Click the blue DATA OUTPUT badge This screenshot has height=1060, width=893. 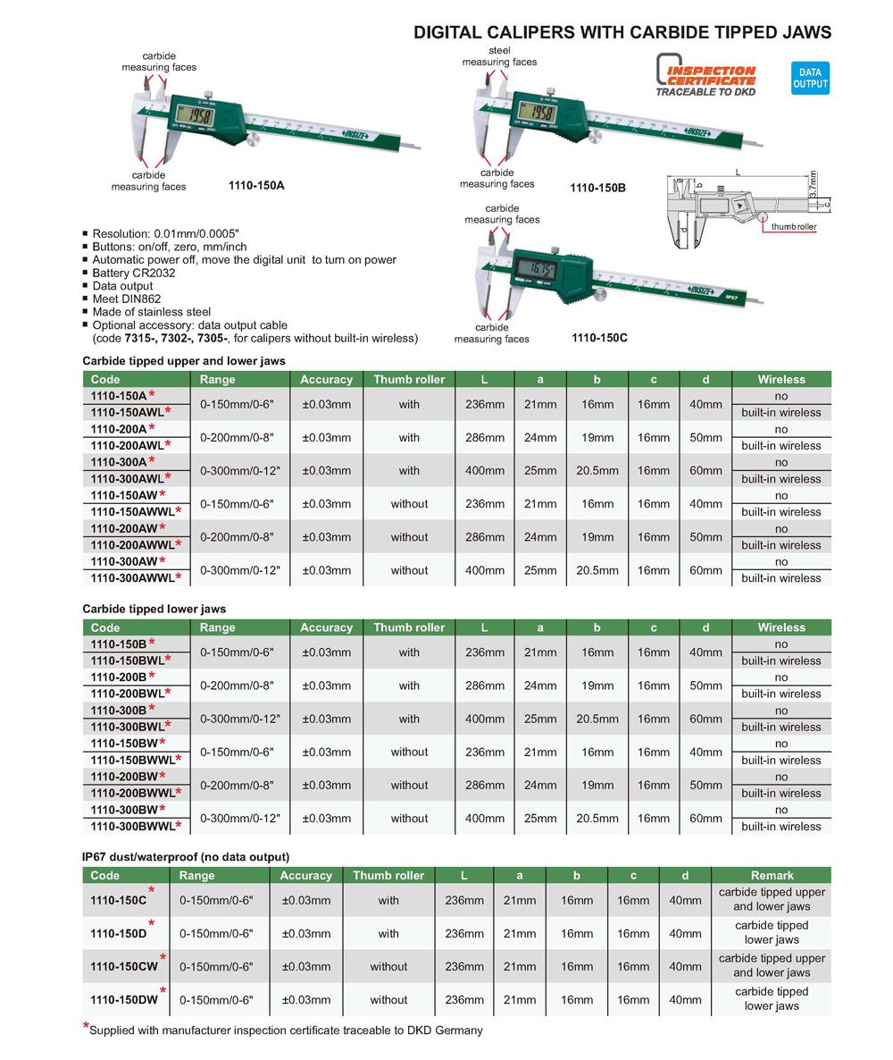pos(810,78)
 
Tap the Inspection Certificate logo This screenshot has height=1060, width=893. pos(705,74)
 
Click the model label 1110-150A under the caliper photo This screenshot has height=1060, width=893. pos(256,186)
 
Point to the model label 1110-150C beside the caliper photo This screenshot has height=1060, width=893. pos(599,338)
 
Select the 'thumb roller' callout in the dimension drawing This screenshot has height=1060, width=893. pos(794,227)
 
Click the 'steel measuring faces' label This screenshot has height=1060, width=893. pos(499,56)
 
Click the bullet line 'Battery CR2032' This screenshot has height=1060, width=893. pos(134,273)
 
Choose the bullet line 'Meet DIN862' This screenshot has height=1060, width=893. pos(127,299)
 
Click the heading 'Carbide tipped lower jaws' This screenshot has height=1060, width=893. pos(154,609)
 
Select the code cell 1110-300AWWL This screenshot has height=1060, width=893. pos(135,577)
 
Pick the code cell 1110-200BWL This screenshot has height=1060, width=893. pos(129,693)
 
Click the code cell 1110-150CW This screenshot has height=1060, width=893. pos(123,966)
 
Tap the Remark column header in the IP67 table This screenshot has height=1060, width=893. pos(772,875)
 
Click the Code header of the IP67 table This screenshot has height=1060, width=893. pos(105,875)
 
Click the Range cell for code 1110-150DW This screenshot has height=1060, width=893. pos(217,999)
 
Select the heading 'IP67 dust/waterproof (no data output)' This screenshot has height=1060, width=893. pos(186,856)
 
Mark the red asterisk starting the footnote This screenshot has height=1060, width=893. pos(87,1027)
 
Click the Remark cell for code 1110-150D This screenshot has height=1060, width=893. pos(772,932)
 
